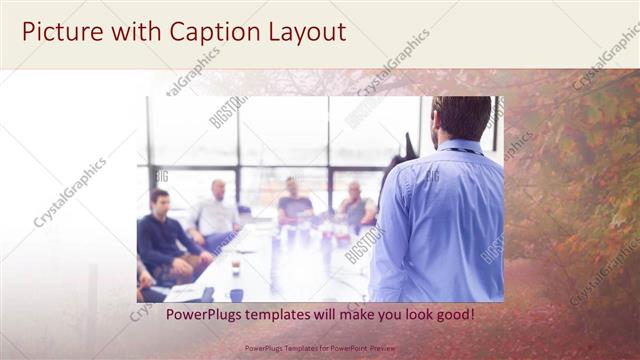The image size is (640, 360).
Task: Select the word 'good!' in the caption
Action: pyautogui.click(x=452, y=315)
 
